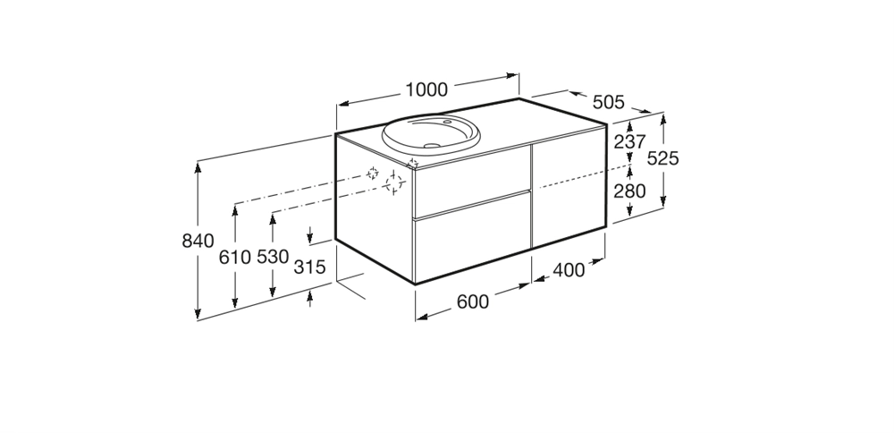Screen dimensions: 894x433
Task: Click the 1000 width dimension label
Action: click(426, 90)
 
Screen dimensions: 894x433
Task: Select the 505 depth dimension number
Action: click(608, 102)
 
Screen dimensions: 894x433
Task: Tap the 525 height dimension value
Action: click(663, 158)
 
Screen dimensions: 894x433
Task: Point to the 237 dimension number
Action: click(629, 141)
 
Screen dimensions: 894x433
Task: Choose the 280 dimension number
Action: click(629, 191)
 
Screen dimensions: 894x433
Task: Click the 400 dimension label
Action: click(569, 270)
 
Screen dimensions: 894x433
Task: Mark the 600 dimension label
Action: click(473, 301)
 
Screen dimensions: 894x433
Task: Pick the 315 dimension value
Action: click(309, 267)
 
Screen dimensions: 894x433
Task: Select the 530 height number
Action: click(273, 257)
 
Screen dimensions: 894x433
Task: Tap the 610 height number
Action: click(235, 258)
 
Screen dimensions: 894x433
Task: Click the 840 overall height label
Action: click(198, 241)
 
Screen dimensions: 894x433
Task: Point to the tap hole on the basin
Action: click(447, 122)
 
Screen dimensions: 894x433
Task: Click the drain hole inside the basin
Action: click(432, 146)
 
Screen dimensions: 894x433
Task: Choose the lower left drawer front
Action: click(472, 237)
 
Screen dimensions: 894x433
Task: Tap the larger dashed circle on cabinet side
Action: click(394, 183)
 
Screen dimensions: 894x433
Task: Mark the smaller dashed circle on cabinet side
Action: click(372, 173)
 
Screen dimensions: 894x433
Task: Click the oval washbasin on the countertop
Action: click(431, 133)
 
